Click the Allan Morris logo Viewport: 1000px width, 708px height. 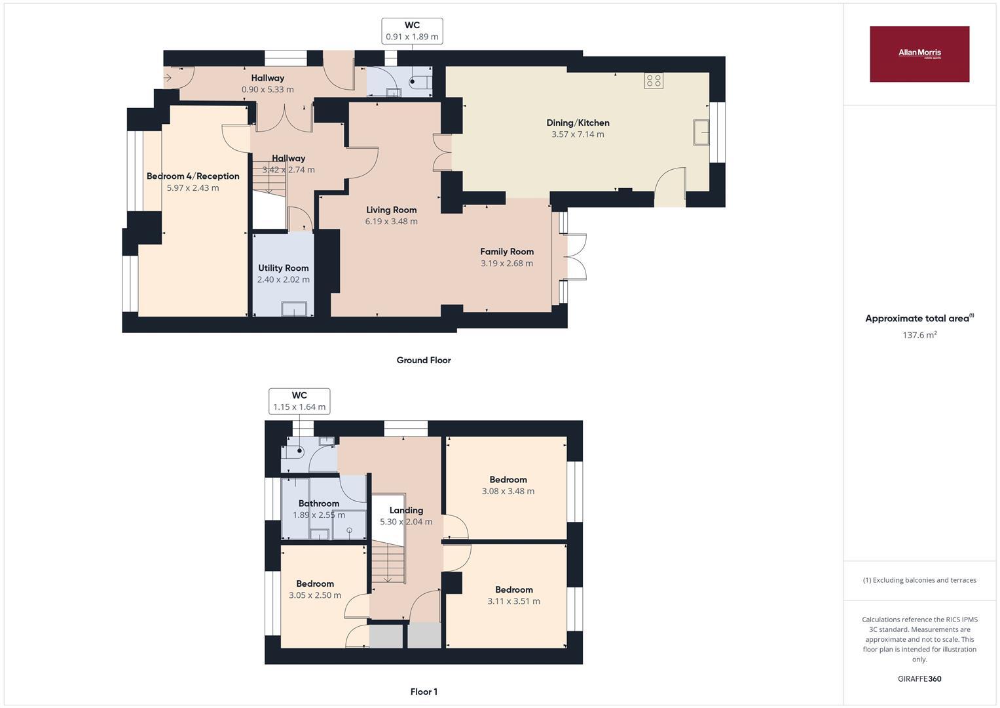pos(919,54)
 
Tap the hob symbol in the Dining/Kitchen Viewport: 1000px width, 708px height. pos(654,81)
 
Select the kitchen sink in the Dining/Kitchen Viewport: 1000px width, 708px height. pos(701,132)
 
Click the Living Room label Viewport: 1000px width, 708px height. pos(391,210)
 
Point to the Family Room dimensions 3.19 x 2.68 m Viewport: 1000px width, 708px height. pos(506,264)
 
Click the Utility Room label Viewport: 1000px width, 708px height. pos(283,267)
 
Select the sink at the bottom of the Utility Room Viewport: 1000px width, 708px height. pos(294,309)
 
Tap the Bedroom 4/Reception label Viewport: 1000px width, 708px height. pos(193,176)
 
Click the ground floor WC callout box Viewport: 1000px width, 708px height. pos(412,31)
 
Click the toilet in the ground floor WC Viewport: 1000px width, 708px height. pos(418,82)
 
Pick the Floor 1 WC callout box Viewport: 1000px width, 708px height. pos(299,401)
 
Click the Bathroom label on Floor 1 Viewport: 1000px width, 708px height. pos(319,503)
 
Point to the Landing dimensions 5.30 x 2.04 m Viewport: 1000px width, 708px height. pos(406,522)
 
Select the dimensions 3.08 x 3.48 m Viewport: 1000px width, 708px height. pos(508,491)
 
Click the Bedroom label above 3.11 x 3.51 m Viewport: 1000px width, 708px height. pos(513,589)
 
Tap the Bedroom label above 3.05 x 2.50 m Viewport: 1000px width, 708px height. pos(315,583)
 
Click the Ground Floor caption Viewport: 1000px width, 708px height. pos(424,360)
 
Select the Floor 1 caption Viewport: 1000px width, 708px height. pos(424,692)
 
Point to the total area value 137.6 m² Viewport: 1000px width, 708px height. pos(919,335)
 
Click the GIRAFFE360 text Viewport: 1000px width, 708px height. pos(919,679)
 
